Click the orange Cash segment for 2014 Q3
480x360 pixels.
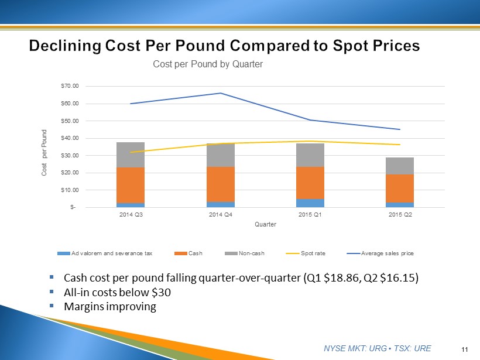pos(131,185)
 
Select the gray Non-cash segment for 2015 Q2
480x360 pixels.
pos(400,166)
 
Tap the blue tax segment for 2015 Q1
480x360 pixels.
pos(310,203)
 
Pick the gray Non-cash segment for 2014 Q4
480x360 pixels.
pos(221,155)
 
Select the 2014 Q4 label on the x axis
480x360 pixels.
pos(221,214)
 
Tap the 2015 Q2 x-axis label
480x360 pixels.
pos(400,214)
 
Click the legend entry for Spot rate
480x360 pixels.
pos(308,253)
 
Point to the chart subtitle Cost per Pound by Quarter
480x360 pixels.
pos(208,64)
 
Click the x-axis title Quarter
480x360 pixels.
pos(265,224)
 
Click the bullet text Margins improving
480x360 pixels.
pos(110,307)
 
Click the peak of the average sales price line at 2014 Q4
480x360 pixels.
pos(221,93)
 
